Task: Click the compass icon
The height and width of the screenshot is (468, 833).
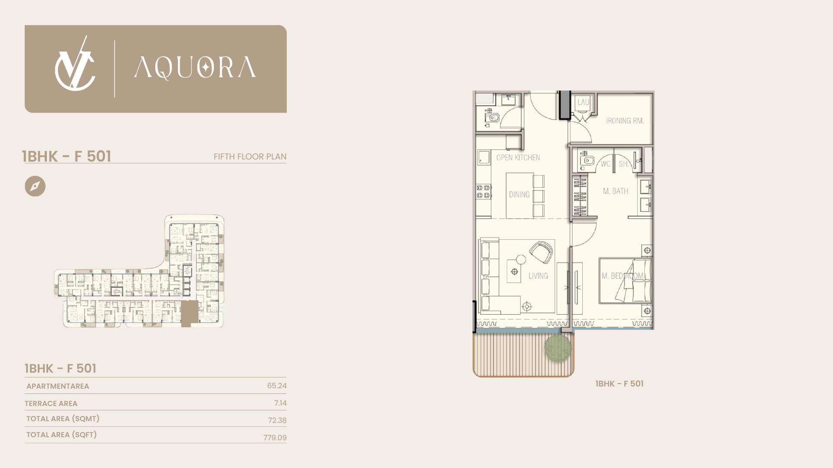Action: (35, 186)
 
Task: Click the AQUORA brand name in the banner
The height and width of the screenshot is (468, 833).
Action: (195, 68)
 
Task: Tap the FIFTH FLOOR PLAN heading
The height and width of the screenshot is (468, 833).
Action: (250, 156)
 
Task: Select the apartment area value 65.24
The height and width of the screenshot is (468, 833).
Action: (277, 386)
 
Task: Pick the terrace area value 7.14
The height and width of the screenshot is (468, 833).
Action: (280, 403)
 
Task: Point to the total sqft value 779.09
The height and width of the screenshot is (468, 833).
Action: (275, 438)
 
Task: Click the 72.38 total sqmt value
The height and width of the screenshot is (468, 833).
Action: (277, 420)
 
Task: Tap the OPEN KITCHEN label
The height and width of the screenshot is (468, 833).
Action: (518, 158)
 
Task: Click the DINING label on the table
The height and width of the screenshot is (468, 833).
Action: (519, 195)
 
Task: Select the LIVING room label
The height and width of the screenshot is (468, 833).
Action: (538, 276)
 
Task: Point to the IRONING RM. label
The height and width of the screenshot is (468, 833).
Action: (625, 121)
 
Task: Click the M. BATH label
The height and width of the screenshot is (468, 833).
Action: (615, 191)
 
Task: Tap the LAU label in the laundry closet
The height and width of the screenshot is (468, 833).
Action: (583, 102)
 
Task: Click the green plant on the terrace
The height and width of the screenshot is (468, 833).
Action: (558, 347)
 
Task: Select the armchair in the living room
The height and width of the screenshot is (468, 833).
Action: (541, 253)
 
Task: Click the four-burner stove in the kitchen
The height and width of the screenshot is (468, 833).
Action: (483, 192)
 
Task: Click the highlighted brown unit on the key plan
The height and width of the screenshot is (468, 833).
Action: (189, 313)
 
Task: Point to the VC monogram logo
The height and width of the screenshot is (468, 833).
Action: (75, 65)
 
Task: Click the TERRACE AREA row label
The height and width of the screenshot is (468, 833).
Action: (51, 403)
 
